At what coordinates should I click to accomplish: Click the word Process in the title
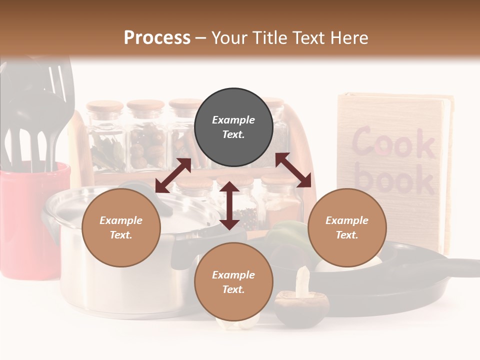(x=157, y=38)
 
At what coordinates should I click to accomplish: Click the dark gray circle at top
(x=233, y=127)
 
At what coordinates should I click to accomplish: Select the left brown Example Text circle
(x=121, y=227)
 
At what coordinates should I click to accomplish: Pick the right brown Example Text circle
(x=347, y=227)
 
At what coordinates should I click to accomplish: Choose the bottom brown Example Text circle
(x=233, y=282)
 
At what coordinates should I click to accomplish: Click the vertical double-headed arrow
(x=229, y=205)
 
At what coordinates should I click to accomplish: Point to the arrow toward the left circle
(x=173, y=175)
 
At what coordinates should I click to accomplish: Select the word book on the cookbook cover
(x=395, y=180)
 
